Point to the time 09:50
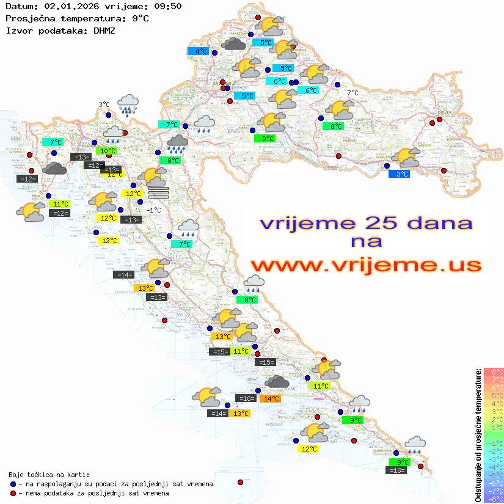click(x=169, y=7)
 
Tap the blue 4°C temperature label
click(x=200, y=51)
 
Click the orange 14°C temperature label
click(x=269, y=399)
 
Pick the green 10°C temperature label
click(x=108, y=151)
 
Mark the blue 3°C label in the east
click(x=400, y=174)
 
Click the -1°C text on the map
click(x=153, y=210)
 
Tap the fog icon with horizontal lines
click(x=158, y=192)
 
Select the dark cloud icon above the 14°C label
click(x=277, y=383)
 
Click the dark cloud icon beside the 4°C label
click(x=234, y=44)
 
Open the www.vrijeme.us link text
click(x=365, y=265)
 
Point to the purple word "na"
click(x=367, y=242)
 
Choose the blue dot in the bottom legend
click(x=13, y=484)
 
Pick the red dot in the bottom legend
click(x=13, y=493)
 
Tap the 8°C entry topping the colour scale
click(x=494, y=371)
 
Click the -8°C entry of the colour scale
click(x=494, y=499)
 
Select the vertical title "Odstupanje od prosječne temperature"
click(x=478, y=434)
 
